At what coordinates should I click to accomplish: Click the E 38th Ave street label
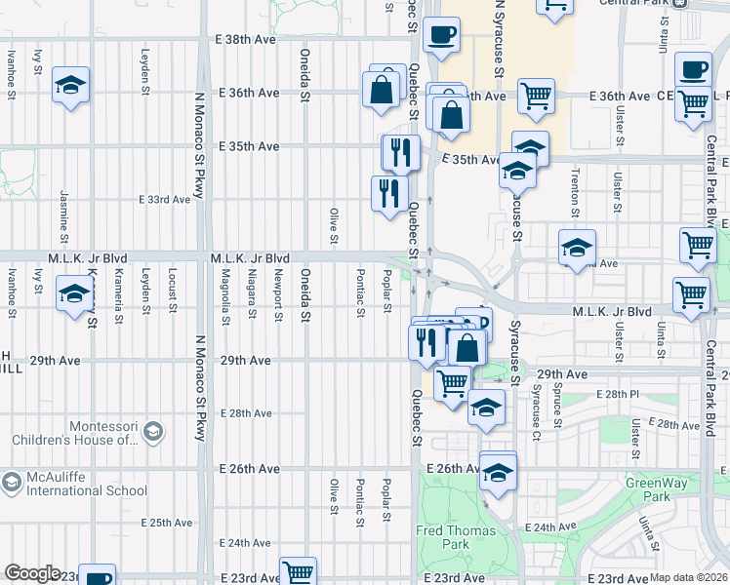coord(245,41)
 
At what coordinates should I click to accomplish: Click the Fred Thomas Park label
coord(457,538)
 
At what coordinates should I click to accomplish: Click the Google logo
coord(33,573)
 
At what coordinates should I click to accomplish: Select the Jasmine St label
coord(63,217)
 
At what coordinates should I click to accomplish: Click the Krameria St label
coord(118,296)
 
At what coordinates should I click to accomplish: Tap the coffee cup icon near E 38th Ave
coord(441,34)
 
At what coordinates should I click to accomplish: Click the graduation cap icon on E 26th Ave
coord(498,472)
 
